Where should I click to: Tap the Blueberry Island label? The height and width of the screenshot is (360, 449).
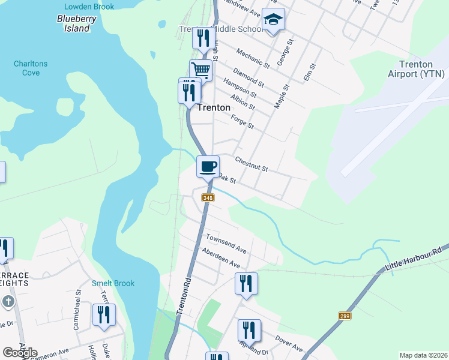(x=73, y=23)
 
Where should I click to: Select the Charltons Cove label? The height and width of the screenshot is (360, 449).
(x=31, y=68)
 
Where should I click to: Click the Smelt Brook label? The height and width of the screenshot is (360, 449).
(x=113, y=283)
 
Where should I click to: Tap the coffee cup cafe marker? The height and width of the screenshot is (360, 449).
(x=208, y=166)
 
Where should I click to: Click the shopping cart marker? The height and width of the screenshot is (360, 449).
(x=201, y=70)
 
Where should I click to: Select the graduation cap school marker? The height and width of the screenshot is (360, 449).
(x=273, y=21)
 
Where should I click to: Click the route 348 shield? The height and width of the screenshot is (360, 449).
(x=208, y=198)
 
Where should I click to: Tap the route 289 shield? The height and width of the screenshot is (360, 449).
(x=344, y=316)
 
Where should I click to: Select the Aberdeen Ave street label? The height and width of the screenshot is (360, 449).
(x=221, y=258)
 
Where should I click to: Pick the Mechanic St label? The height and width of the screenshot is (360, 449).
(x=253, y=57)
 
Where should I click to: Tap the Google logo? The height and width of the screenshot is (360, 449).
(x=20, y=353)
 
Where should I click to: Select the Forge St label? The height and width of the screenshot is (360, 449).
(x=243, y=122)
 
